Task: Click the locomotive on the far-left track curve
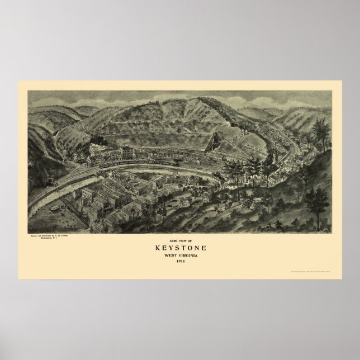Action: (x=54, y=182)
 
